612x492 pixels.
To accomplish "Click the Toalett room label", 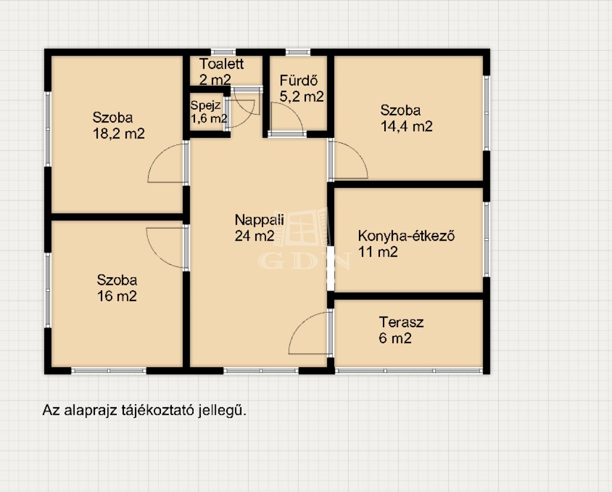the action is point(221,64).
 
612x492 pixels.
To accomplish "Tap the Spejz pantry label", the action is point(205,106).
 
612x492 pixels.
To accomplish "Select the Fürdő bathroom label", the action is point(299,81).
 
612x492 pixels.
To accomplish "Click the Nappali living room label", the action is point(259,220).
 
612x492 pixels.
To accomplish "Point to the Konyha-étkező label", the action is point(406,235).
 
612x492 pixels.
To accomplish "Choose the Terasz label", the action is point(401,322).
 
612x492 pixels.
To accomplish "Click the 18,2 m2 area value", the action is point(119,134).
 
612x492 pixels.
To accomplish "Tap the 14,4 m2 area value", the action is point(407,126).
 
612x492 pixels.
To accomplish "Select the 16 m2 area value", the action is point(117,296).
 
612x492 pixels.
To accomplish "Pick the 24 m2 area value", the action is point(255,236).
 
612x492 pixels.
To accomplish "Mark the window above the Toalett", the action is point(223,52).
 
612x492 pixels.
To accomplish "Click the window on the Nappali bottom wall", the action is point(261,371).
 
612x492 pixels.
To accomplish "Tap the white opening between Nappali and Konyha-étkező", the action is point(330,268).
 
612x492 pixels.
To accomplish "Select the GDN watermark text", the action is point(304,260).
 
